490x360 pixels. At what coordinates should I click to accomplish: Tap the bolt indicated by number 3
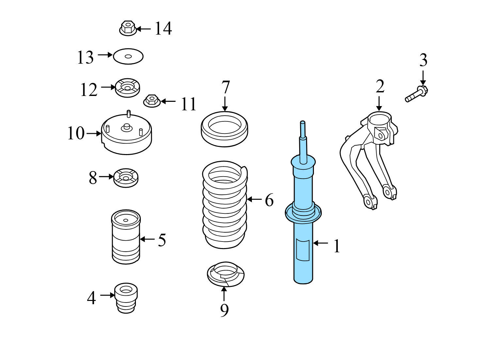[x=416, y=93]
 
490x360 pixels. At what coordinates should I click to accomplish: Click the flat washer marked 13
[x=128, y=56]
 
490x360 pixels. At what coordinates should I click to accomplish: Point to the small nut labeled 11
[x=152, y=100]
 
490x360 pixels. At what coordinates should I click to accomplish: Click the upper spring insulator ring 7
[x=224, y=129]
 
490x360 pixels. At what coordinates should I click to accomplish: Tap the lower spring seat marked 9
[x=225, y=274]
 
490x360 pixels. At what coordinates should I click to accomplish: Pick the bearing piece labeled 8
[x=126, y=178]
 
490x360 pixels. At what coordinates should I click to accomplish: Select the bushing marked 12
[x=127, y=87]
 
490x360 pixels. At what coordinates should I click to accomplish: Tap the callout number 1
[x=336, y=246]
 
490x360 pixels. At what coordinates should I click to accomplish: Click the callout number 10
[x=76, y=133]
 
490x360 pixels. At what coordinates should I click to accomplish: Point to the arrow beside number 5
[x=147, y=239]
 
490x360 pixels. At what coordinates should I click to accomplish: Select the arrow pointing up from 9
[x=224, y=293]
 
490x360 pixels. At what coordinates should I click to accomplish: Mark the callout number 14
[x=163, y=28]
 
